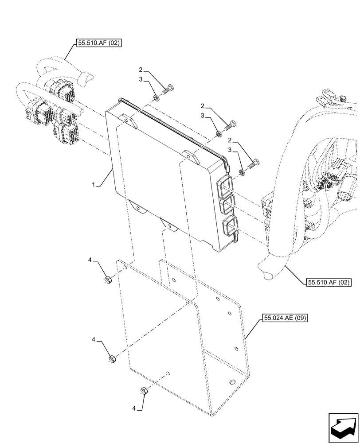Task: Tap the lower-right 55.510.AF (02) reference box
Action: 328,282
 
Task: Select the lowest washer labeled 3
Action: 242,171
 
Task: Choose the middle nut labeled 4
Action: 112,358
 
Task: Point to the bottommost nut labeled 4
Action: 144,390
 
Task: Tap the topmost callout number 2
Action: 141,70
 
